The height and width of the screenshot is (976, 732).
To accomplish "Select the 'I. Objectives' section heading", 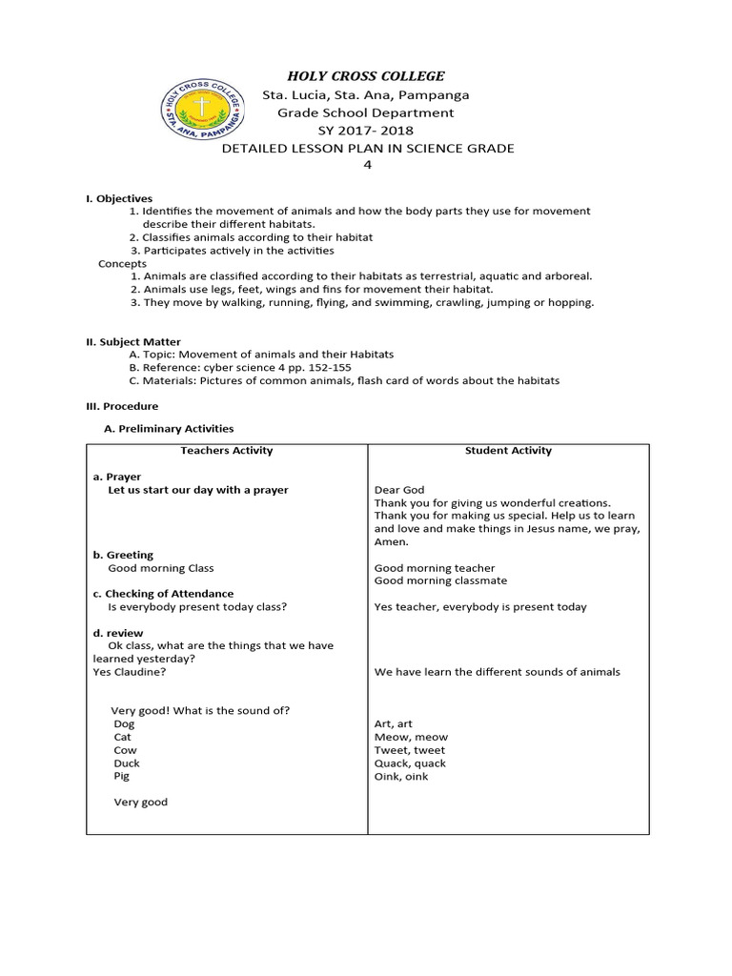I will pyautogui.click(x=119, y=198).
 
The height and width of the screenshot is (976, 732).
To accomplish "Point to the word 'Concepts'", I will pyautogui.click(x=123, y=263).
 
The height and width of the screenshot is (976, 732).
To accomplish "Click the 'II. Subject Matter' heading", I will pyautogui.click(x=133, y=341).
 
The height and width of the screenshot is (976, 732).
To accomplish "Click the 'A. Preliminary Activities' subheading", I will pyautogui.click(x=169, y=429).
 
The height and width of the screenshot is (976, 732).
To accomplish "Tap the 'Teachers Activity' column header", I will pyautogui.click(x=227, y=451).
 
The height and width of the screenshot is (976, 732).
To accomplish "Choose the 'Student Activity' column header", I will pyautogui.click(x=508, y=451).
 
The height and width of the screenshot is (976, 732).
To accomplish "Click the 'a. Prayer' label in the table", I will pyautogui.click(x=116, y=477).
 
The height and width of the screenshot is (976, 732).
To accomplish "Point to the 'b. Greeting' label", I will pyautogui.click(x=123, y=555).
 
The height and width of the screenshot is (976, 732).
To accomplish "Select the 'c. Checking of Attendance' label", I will pyautogui.click(x=163, y=594).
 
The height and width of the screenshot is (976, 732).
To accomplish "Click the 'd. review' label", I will pyautogui.click(x=118, y=633).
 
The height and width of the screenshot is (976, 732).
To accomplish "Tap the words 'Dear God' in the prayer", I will pyautogui.click(x=399, y=490).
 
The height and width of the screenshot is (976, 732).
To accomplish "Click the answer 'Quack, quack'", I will pyautogui.click(x=410, y=763).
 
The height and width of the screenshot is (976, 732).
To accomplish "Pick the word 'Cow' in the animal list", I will pyautogui.click(x=125, y=750).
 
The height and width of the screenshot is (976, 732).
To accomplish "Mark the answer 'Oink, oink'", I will pyautogui.click(x=401, y=777).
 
